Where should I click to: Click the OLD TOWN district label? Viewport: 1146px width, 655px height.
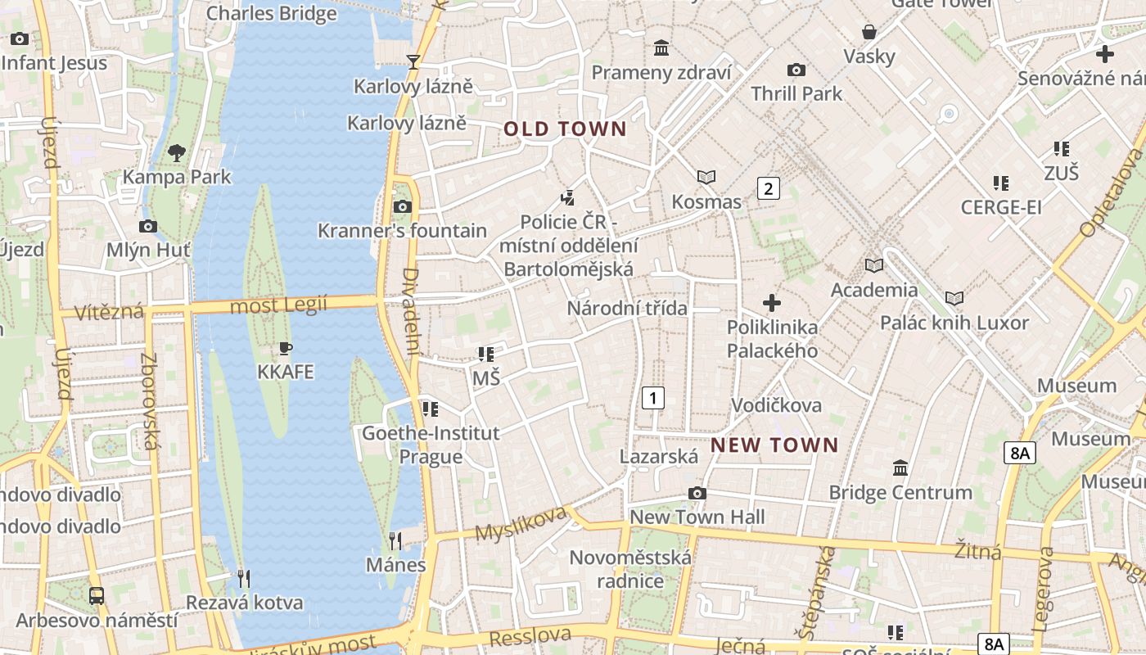(x=565, y=129)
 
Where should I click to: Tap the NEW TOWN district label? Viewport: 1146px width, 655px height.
(x=774, y=445)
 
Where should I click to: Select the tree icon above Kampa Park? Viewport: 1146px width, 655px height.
(x=176, y=152)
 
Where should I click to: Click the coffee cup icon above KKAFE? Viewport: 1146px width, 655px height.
(x=285, y=349)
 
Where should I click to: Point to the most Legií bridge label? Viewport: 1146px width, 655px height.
(x=279, y=306)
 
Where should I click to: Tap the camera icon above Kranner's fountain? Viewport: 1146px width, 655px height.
(x=402, y=206)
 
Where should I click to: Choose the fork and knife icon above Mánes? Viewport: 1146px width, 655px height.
(x=395, y=540)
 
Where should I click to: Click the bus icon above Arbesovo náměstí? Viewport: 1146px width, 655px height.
(x=97, y=595)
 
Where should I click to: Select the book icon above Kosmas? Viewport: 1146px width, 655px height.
(x=706, y=177)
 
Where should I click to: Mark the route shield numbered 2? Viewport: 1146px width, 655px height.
(x=768, y=188)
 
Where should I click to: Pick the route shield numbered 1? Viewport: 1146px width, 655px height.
(x=652, y=399)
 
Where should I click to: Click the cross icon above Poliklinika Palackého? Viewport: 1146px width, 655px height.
(x=771, y=304)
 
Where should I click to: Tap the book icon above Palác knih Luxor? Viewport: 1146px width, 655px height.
(x=954, y=298)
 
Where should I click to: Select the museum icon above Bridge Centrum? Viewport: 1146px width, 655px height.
(x=900, y=468)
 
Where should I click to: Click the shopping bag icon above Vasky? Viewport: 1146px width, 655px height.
(x=869, y=32)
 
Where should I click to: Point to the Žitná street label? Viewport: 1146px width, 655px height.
(x=978, y=551)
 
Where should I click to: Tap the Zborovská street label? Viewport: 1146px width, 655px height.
(x=149, y=401)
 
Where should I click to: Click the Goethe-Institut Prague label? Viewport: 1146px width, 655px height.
(x=431, y=445)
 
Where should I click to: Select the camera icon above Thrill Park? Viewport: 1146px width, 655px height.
(x=796, y=70)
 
